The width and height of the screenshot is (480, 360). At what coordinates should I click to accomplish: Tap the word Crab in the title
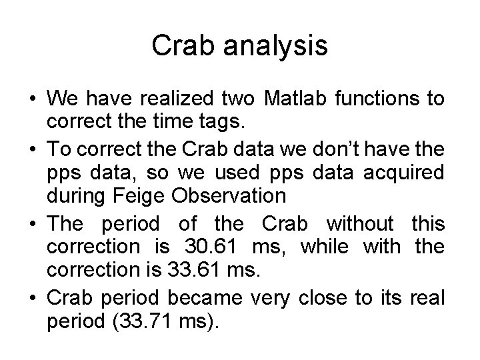[181, 46]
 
